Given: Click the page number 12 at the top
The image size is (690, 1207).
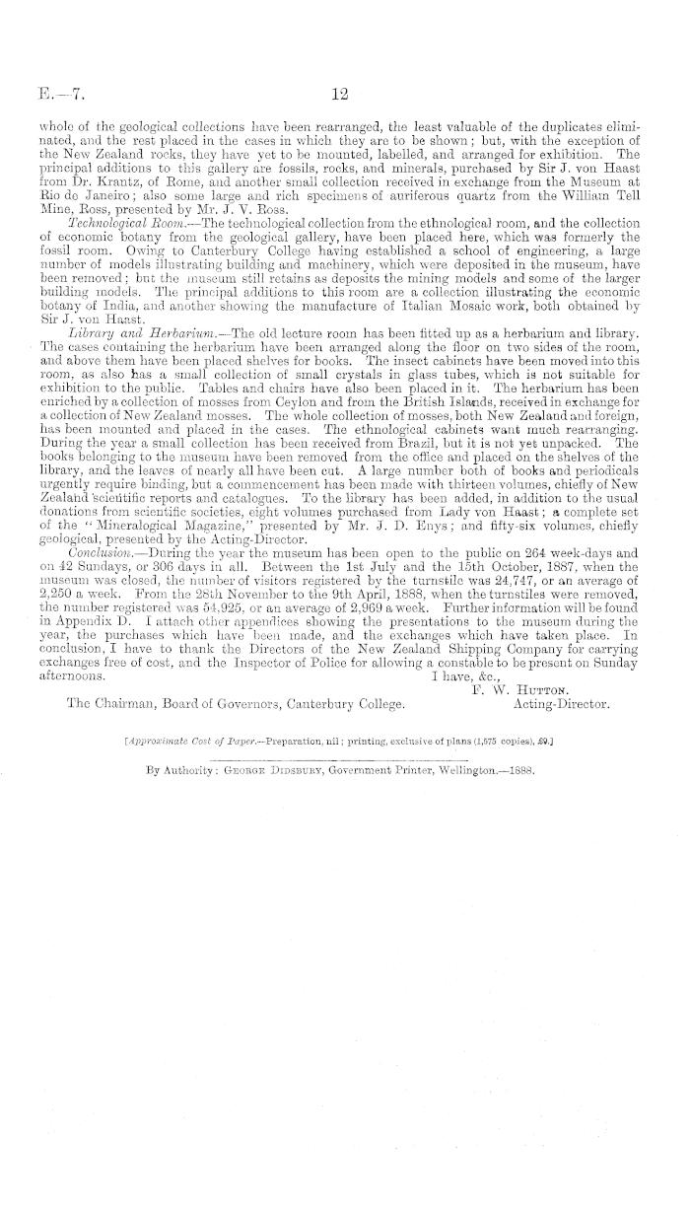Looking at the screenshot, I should [x=342, y=95].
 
